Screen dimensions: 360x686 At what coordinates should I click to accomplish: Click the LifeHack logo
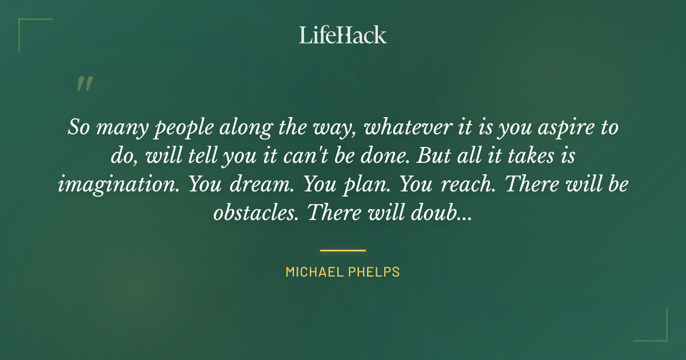[x=343, y=35]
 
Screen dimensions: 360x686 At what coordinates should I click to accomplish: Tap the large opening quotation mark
[x=84, y=85]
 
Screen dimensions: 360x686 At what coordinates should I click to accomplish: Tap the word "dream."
[x=258, y=184]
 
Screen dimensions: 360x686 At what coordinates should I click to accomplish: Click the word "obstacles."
[x=255, y=213]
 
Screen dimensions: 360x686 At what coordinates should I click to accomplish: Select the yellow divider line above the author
[x=343, y=250]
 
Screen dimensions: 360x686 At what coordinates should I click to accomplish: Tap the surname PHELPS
[x=375, y=272]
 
